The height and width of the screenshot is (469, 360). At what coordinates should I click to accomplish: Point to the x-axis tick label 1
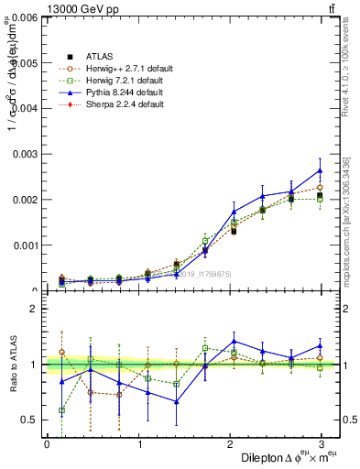click(140, 443)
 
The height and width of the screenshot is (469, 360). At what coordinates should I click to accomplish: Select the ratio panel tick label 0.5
click(29, 420)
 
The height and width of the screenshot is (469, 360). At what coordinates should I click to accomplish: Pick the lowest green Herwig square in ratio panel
click(61, 410)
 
